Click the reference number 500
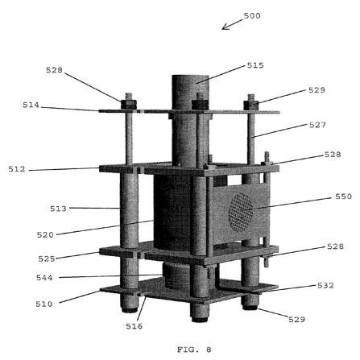(x=252, y=16)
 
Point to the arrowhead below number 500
(x=225, y=27)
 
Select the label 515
(x=255, y=65)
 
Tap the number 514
(x=31, y=105)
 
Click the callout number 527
(x=317, y=125)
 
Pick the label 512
(x=17, y=169)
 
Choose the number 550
(x=343, y=197)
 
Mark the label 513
(x=58, y=209)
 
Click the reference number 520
(x=45, y=235)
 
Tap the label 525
(x=47, y=259)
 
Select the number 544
(x=44, y=278)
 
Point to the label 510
(x=44, y=304)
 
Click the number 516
(x=134, y=326)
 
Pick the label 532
(x=325, y=285)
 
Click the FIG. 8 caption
(x=194, y=350)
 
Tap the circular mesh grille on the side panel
(x=241, y=212)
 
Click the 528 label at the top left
(x=54, y=70)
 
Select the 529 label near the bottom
(x=296, y=320)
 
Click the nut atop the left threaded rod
(x=129, y=105)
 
